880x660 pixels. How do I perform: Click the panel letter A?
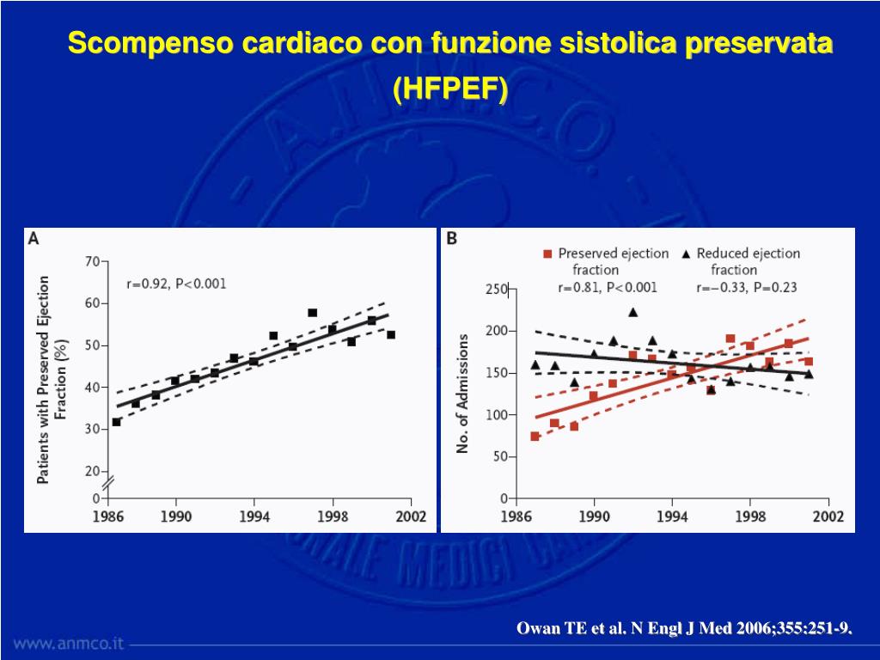(x=34, y=240)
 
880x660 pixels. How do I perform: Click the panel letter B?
(x=451, y=240)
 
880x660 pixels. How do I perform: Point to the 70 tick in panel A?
(x=91, y=261)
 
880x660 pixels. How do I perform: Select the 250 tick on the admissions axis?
(x=495, y=290)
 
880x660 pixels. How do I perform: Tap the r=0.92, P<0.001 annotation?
(x=176, y=284)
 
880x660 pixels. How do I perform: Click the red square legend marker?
(x=547, y=254)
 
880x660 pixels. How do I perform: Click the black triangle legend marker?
(x=685, y=254)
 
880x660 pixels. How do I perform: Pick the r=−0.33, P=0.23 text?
(x=746, y=287)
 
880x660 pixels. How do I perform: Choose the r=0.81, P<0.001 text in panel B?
(x=608, y=287)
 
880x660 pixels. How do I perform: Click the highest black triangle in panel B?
(x=633, y=312)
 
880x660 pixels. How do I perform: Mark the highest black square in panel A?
(x=312, y=313)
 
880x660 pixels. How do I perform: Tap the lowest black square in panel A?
(x=117, y=422)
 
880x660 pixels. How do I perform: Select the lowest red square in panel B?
(x=535, y=437)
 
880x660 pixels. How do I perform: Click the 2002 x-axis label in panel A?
(x=411, y=516)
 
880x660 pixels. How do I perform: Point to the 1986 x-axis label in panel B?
(x=516, y=516)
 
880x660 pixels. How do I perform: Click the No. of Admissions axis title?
(x=463, y=394)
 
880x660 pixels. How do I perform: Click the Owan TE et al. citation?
(x=684, y=629)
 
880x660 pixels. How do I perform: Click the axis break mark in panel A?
(x=108, y=484)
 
